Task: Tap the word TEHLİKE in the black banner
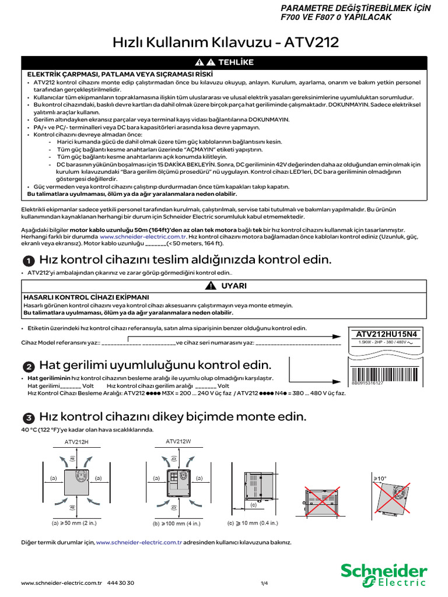pyautogui.click(x=236, y=62)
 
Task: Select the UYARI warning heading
pyautogui.click(x=233, y=285)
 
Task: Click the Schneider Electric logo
pyautogui.click(x=383, y=574)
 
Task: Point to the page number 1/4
pyautogui.click(x=264, y=583)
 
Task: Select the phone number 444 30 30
pyautogui.click(x=121, y=583)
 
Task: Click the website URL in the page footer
pyautogui.click(x=61, y=583)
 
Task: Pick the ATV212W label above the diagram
pyautogui.click(x=178, y=441)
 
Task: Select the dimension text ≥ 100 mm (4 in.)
pyautogui.click(x=174, y=523)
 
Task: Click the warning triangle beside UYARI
pyautogui.click(x=211, y=285)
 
